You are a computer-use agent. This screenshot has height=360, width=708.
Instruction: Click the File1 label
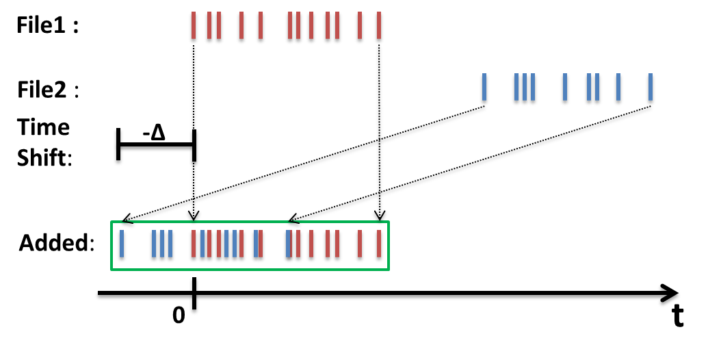coord(47,27)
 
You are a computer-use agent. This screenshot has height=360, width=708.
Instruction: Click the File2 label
coord(47,90)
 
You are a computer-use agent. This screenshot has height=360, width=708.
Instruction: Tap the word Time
coord(44,128)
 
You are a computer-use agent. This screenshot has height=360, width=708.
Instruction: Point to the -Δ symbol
coord(154,133)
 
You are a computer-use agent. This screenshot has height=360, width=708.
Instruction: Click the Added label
coord(56,243)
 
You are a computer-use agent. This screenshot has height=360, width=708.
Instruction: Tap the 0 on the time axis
coord(178,316)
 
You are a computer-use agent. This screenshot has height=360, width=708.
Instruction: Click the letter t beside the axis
coord(677,316)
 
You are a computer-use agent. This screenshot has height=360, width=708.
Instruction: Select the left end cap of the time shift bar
coord(118,146)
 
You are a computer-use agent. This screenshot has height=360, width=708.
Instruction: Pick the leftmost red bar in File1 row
coord(193,27)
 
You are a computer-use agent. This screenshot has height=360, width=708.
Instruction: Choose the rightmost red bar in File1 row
coord(380,27)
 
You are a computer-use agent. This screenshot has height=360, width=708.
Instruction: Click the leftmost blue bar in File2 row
coord(484,90)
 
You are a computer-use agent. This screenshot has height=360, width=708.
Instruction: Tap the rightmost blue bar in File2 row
coord(650,90)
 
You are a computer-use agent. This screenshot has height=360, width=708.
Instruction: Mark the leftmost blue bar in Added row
coord(122,245)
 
